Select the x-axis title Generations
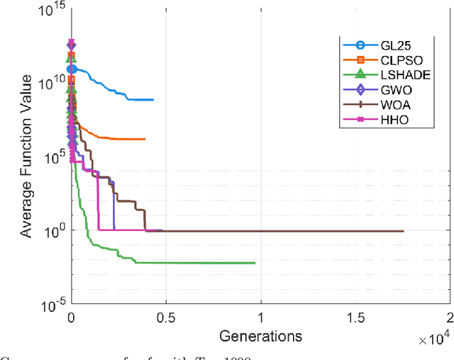(x=260, y=335)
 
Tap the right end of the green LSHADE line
(x=255, y=263)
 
